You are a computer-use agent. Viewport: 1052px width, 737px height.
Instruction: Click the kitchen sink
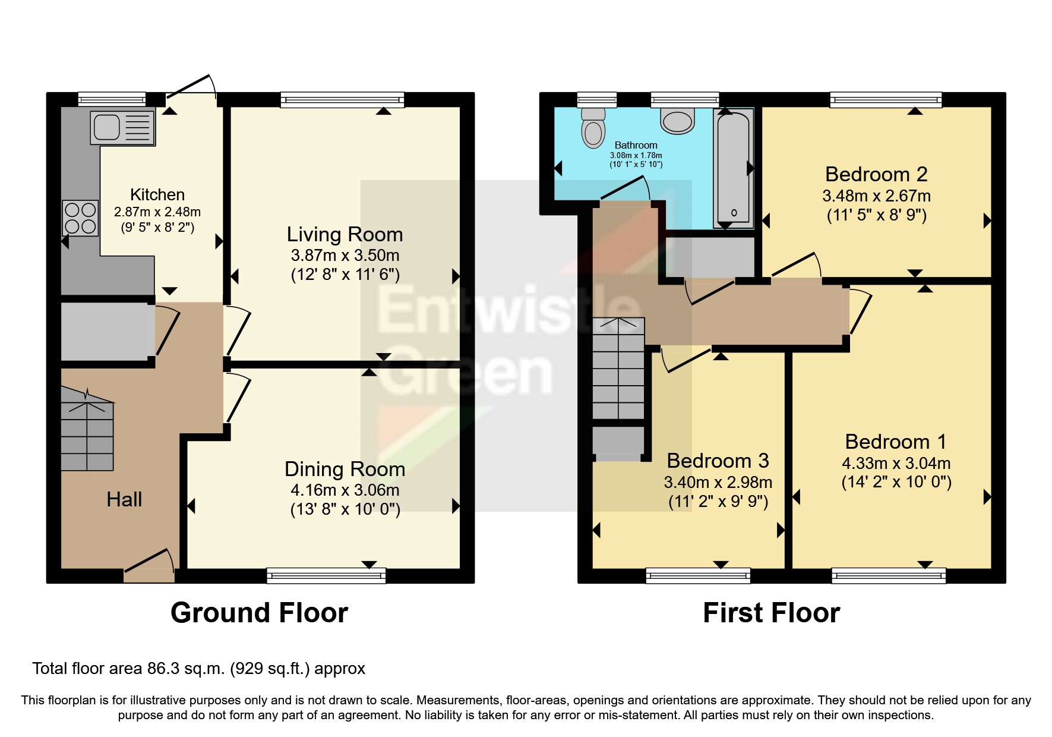[122, 127]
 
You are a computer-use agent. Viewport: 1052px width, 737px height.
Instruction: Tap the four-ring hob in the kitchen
[80, 218]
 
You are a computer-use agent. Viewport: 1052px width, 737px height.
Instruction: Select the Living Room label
[345, 234]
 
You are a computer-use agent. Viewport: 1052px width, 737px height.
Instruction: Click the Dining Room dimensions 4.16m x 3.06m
[345, 490]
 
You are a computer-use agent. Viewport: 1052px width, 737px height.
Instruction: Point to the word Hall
[124, 499]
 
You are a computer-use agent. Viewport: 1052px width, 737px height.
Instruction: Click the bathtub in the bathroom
[734, 168]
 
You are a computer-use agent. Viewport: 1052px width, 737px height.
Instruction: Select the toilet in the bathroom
[593, 128]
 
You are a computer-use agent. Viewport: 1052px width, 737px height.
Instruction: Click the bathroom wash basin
[678, 121]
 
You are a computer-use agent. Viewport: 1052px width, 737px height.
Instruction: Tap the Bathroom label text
[636, 145]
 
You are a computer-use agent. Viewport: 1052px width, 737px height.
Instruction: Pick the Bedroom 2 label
[876, 174]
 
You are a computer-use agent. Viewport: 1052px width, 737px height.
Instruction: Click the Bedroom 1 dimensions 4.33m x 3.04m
[896, 463]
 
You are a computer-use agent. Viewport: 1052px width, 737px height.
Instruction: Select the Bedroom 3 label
[718, 461]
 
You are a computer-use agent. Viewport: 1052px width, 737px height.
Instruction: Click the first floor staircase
[618, 368]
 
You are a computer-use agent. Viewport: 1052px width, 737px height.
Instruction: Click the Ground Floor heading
[259, 613]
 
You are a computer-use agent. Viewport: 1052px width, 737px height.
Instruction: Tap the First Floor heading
[771, 613]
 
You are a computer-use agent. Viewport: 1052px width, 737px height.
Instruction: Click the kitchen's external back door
[191, 89]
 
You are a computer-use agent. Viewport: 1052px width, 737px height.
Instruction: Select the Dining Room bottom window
[326, 575]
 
